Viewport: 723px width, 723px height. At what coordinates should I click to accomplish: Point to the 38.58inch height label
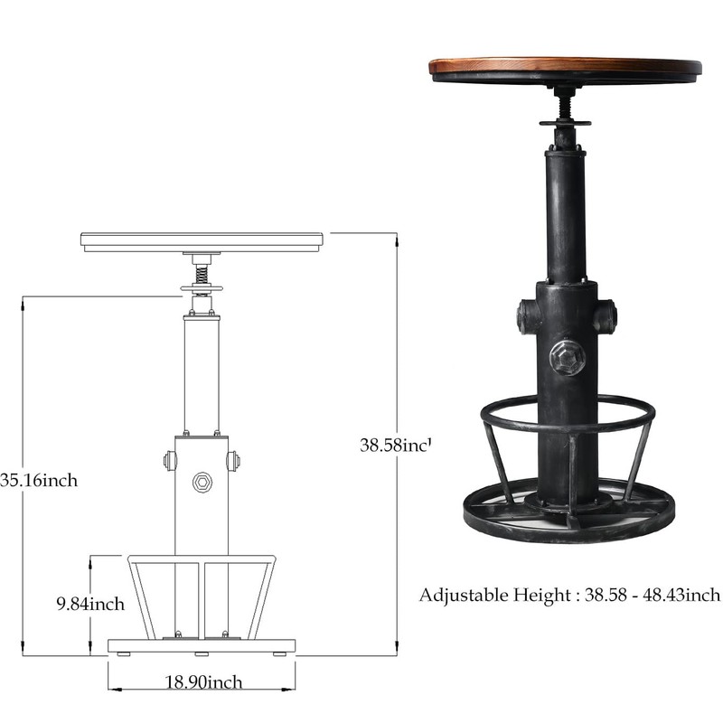[x=396, y=445]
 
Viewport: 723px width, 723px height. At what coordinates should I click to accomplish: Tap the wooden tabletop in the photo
[x=565, y=66]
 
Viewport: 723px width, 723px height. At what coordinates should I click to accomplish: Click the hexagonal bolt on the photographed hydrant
[x=567, y=357]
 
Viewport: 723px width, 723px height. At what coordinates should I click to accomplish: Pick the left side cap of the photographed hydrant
[x=528, y=317]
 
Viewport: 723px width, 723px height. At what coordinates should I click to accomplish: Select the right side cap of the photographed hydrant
[x=606, y=317]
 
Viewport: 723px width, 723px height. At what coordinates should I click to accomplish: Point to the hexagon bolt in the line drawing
[x=202, y=482]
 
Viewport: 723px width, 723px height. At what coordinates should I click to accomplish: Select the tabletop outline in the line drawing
[x=202, y=241]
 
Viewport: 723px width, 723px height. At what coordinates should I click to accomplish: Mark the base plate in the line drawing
[x=202, y=645]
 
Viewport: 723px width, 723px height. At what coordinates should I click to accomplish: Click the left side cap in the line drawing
[x=169, y=461]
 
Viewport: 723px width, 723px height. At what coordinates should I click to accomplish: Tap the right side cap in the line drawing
[x=234, y=461]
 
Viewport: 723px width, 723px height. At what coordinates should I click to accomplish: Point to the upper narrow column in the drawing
[x=202, y=375]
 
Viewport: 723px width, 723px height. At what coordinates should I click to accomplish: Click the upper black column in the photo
[x=566, y=217]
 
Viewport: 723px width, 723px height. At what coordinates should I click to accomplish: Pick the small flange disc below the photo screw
[x=566, y=122]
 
